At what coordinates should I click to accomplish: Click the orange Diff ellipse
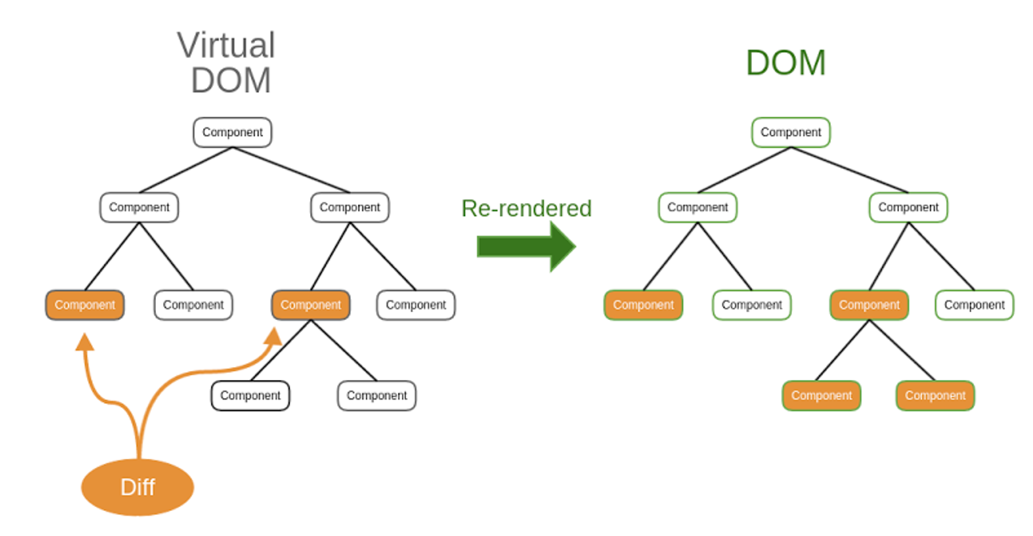tap(137, 487)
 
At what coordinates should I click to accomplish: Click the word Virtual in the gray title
tap(226, 45)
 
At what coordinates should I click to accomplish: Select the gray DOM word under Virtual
tap(231, 80)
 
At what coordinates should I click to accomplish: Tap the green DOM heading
tap(786, 63)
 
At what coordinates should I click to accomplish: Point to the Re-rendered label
tap(526, 208)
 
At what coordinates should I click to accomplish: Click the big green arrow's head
tap(563, 246)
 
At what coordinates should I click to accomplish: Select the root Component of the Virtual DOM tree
tap(232, 132)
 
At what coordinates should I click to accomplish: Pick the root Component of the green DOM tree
tap(791, 132)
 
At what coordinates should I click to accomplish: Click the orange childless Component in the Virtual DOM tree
tap(84, 305)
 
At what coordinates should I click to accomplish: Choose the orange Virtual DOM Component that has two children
tap(311, 305)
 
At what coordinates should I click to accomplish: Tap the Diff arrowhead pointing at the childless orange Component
tap(84, 342)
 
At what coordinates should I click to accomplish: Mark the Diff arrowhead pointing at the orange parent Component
tap(274, 336)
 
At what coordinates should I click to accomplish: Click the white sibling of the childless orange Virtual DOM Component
tap(193, 305)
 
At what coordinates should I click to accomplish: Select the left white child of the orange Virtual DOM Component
tap(250, 396)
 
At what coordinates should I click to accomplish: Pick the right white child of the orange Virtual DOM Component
tap(377, 396)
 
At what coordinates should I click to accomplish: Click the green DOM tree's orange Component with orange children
tap(869, 305)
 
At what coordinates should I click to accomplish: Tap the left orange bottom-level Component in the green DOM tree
tap(821, 396)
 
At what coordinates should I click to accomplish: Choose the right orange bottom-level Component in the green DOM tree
tap(936, 396)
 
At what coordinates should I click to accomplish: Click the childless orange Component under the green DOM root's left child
tap(643, 305)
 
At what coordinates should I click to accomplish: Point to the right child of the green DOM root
tap(909, 208)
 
